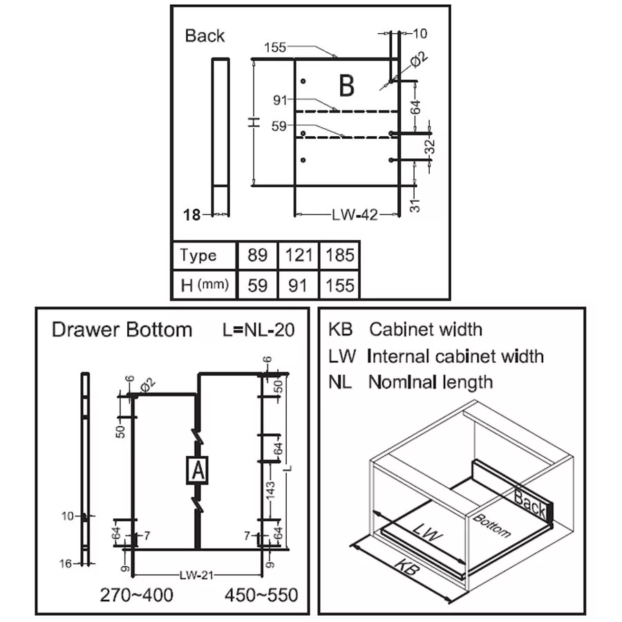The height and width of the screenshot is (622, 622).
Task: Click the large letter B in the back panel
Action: coord(347,87)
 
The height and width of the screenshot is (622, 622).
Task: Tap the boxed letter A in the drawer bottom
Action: coord(198,470)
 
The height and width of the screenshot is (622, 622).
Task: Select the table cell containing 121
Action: coord(298,256)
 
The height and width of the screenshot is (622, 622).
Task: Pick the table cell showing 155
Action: coord(339,285)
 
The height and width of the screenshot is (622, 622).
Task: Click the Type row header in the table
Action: coord(198,256)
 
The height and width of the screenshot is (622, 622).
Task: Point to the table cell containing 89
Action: coord(257,256)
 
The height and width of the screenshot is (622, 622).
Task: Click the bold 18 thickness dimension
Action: coord(192,215)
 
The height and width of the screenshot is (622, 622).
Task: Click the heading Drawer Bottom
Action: coord(122,330)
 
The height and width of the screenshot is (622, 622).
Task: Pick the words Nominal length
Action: coord(430,381)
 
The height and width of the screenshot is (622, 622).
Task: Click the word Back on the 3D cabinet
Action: coord(530,504)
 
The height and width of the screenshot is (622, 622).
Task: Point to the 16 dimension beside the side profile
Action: coord(65,564)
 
